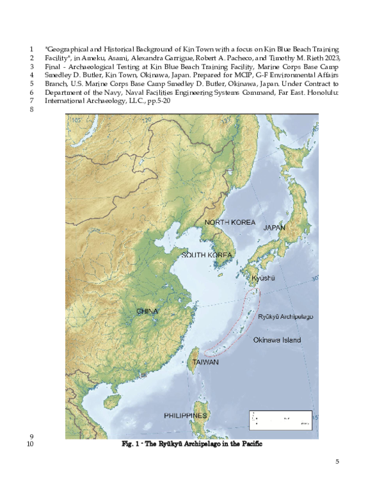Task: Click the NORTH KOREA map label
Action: coord(230,222)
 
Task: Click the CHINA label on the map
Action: coord(147,311)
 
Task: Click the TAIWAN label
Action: coord(205,362)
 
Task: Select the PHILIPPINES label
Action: coord(185,416)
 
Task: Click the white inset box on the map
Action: coord(280,420)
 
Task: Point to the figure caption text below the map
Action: coord(192,444)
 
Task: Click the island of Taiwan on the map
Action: coord(196,354)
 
